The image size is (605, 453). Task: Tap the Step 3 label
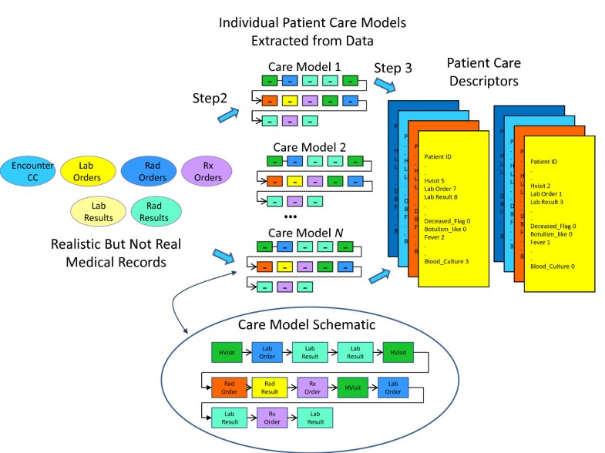(393, 68)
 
